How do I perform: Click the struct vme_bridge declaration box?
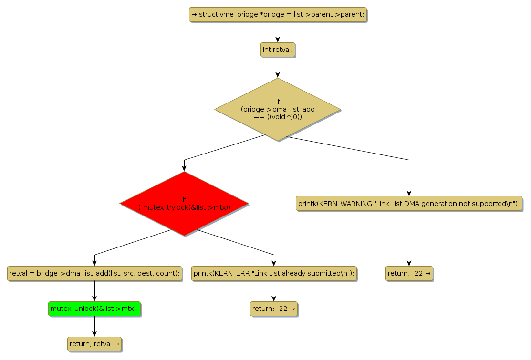[x=278, y=15]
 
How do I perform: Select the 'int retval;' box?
[x=278, y=50]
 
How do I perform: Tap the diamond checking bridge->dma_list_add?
[x=278, y=109]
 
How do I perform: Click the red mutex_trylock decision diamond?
[x=184, y=204]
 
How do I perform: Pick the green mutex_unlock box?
[x=94, y=309]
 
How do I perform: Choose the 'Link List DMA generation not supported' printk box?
[x=409, y=204]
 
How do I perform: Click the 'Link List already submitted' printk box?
[x=274, y=273]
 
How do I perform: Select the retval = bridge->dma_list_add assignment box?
[x=94, y=273]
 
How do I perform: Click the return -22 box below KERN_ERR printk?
[x=274, y=309]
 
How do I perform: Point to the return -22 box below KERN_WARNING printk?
[x=409, y=273]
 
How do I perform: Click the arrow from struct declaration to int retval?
[x=278, y=32]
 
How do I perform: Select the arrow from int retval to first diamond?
[x=278, y=67]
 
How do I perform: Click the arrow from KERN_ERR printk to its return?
[x=274, y=291]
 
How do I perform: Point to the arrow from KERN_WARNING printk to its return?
[x=409, y=238]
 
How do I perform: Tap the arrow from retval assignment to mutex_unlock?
[x=94, y=291]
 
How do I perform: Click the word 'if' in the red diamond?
[x=184, y=199]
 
